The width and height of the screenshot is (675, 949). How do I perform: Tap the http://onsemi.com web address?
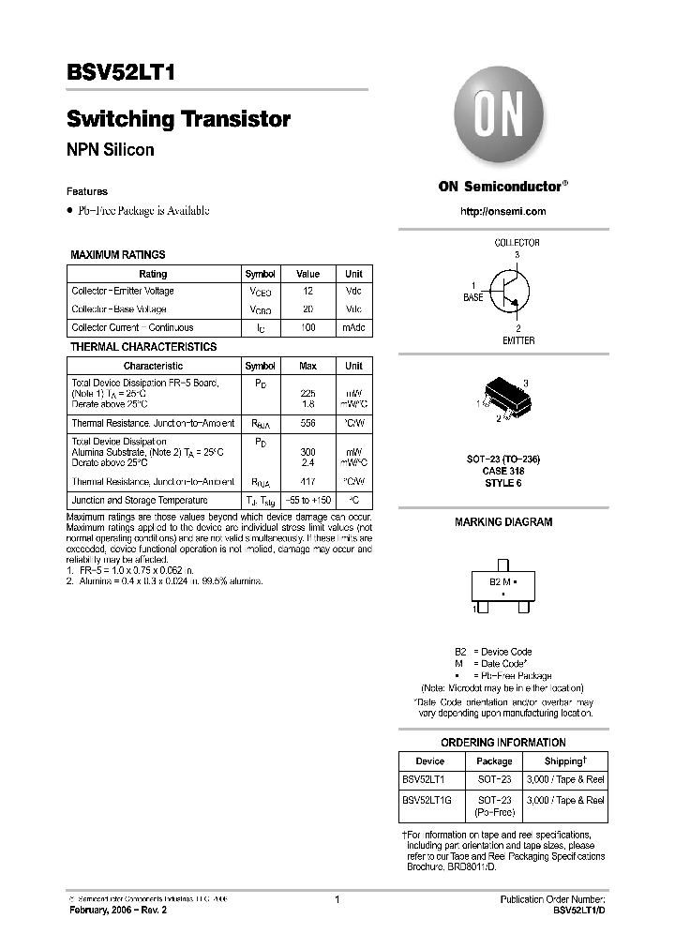pyautogui.click(x=503, y=211)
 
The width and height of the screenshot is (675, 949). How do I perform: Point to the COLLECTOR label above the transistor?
pyautogui.click(x=517, y=243)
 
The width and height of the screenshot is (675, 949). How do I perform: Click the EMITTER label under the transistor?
pyautogui.click(x=517, y=340)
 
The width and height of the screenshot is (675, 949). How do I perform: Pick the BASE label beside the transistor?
pyautogui.click(x=474, y=297)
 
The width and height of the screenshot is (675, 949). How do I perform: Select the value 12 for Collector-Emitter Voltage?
pyautogui.click(x=307, y=291)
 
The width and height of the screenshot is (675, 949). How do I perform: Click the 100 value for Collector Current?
pyautogui.click(x=307, y=327)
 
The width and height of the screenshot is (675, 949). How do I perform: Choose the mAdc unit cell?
pyautogui.click(x=353, y=327)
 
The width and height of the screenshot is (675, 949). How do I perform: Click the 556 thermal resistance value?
pyautogui.click(x=307, y=424)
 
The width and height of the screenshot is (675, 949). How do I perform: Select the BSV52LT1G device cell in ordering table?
pyautogui.click(x=427, y=800)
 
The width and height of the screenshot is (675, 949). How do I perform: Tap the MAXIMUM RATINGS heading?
pyautogui.click(x=118, y=254)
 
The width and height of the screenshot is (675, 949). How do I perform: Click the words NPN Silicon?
pyautogui.click(x=110, y=149)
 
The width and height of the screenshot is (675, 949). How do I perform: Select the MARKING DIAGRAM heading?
pyautogui.click(x=503, y=522)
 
